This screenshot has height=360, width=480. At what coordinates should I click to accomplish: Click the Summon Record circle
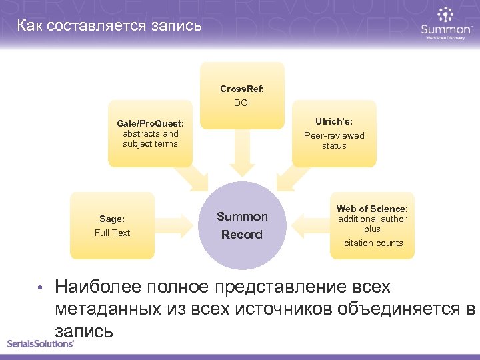[x=242, y=225]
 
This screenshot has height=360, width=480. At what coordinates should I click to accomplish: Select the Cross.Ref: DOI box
[x=242, y=95]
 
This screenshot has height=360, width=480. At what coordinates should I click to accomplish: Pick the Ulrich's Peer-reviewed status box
[x=334, y=133]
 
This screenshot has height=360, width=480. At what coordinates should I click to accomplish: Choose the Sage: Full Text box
[x=112, y=225]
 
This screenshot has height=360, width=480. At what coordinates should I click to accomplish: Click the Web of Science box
[x=372, y=225]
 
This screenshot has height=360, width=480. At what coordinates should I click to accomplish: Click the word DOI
[x=242, y=103]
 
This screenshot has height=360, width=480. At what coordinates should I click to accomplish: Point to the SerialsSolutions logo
[x=40, y=343]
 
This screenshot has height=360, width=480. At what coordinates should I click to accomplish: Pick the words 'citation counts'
[x=373, y=243]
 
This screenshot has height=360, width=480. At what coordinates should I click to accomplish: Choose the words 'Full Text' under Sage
[x=112, y=233]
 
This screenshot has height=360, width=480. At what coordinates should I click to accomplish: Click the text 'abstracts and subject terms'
[x=151, y=139]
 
